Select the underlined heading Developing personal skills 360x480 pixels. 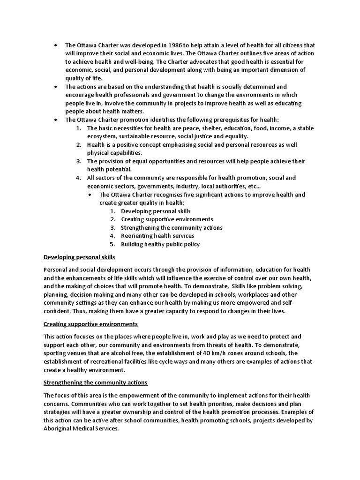tap(79, 257)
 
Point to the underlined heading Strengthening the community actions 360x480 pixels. tap(95, 382)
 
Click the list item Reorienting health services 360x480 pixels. tap(157, 236)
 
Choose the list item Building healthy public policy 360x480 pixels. tap(160, 244)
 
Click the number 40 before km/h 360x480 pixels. tap(208, 352)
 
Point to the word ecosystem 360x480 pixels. tap(102, 136)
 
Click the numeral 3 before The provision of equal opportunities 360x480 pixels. tap(78, 161)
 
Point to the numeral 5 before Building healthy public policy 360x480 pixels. tap(112, 244)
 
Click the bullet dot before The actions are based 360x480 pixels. tap(56, 87)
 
